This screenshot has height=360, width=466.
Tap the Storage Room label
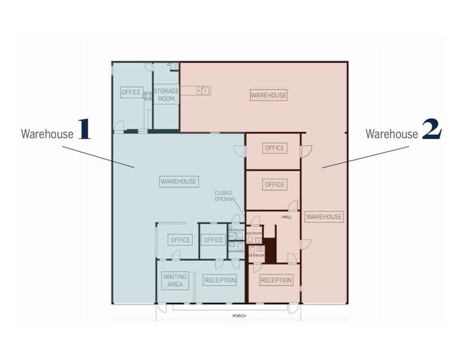coord(166,95)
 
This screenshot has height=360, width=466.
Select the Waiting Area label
coord(175,280)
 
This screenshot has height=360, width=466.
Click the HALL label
coord(287,217)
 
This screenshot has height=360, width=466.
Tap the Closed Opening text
coord(223,197)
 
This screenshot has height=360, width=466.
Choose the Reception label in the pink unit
coord(276,280)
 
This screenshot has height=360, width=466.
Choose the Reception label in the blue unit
coord(220,280)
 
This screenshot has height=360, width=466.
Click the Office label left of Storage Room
coord(132,92)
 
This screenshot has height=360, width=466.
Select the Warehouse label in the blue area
coord(179,181)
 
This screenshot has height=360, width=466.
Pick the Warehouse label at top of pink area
coord(268,95)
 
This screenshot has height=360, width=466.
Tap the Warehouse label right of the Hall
coord(324,217)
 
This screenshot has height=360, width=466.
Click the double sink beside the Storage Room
coord(203,91)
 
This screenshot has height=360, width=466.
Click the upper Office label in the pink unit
coord(274,148)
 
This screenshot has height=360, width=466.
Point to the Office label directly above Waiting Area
coord(181,240)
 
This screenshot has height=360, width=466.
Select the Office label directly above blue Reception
coord(213,240)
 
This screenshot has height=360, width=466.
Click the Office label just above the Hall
coord(274,184)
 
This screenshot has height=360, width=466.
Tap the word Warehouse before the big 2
coord(392,133)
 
